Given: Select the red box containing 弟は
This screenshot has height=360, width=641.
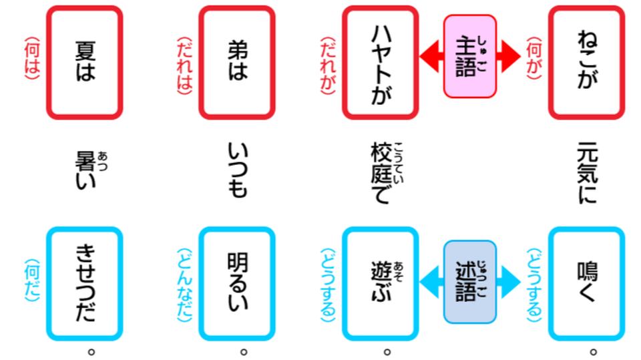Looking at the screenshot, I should [x=237, y=62].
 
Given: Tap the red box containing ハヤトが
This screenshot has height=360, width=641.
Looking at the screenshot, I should [x=380, y=62].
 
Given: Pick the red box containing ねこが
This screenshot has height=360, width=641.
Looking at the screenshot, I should [x=586, y=62].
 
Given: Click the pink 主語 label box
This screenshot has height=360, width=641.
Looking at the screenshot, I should [x=470, y=56].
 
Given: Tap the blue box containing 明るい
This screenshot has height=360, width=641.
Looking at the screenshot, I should [x=237, y=283].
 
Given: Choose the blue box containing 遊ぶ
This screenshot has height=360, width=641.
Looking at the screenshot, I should [x=380, y=283].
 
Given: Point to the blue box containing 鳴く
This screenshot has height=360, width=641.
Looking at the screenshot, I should [x=586, y=283].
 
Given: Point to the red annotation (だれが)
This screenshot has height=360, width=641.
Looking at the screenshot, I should [x=328, y=63].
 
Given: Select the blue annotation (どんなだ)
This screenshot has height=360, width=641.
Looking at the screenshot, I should [x=184, y=283].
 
